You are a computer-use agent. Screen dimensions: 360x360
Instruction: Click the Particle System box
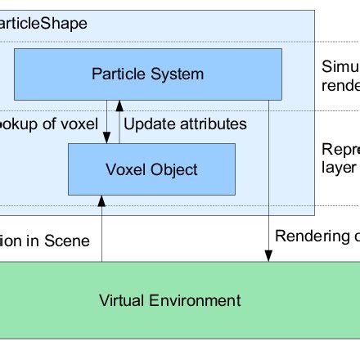click(148, 74)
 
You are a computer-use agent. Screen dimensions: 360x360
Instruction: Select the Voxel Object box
click(151, 170)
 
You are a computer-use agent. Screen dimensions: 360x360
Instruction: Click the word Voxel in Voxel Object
click(124, 170)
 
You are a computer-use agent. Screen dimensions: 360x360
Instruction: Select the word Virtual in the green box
click(122, 300)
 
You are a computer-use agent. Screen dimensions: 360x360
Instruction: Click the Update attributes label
click(185, 124)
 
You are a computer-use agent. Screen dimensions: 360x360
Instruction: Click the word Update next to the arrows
click(148, 124)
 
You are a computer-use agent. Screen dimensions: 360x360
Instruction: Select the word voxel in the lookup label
click(79, 124)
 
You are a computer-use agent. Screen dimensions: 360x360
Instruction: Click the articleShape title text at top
click(45, 24)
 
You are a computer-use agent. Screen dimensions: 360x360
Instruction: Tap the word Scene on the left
click(66, 241)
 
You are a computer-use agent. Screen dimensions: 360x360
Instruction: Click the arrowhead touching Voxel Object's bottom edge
click(101, 200)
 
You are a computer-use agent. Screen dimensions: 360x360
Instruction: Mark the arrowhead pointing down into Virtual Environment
click(268, 257)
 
